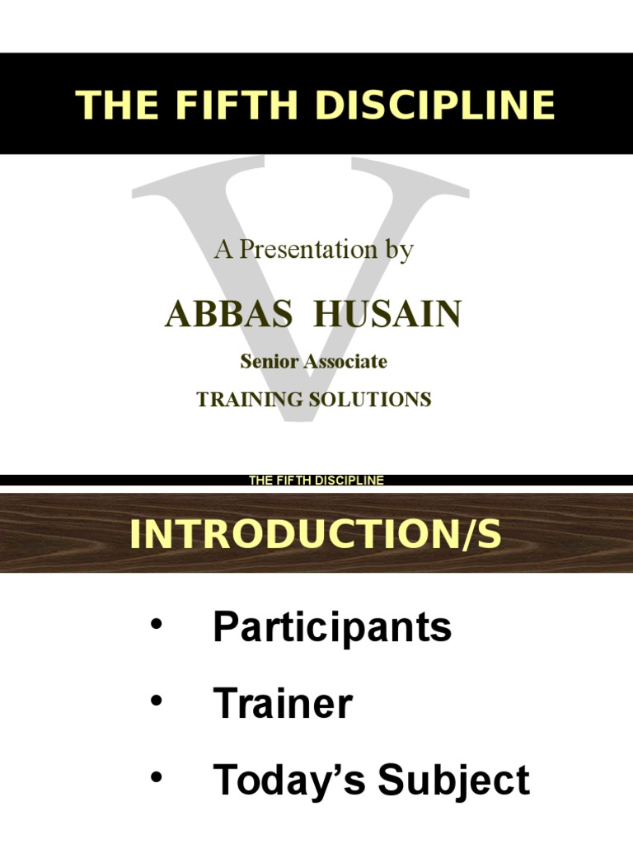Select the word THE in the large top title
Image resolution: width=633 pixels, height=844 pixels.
click(x=108, y=105)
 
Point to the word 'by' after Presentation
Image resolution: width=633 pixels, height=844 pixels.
click(x=396, y=250)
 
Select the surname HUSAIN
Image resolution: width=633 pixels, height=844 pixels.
click(x=389, y=315)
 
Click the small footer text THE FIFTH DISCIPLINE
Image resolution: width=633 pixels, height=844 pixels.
click(x=316, y=481)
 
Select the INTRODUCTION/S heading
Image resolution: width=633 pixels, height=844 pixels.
click(x=316, y=534)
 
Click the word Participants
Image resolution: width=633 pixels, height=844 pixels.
click(x=332, y=628)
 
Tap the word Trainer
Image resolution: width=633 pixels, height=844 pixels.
click(x=283, y=704)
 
